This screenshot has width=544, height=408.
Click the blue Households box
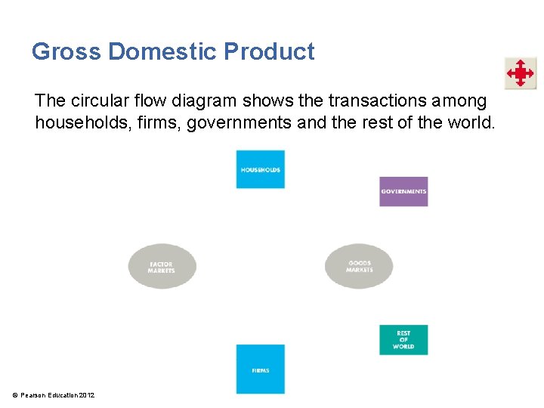260,169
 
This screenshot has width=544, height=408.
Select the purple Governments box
403,191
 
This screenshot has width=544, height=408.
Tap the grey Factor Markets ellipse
162,267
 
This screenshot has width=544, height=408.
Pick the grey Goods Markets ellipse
359,266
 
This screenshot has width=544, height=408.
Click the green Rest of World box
403,340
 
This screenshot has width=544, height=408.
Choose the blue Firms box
260,369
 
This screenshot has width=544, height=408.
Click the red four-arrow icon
520,74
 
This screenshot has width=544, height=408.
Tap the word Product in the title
269,51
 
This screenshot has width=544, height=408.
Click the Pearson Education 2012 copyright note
52,395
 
